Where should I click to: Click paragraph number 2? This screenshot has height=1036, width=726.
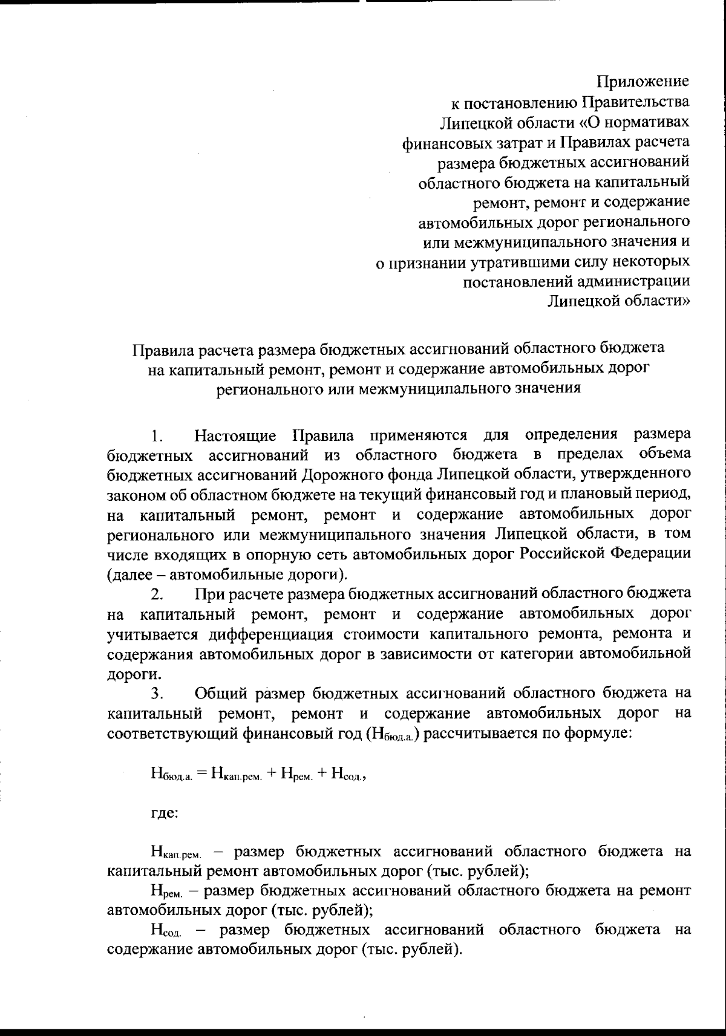[x=157, y=595]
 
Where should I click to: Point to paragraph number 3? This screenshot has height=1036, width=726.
[x=157, y=694]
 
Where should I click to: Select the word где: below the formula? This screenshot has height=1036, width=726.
[x=164, y=814]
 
